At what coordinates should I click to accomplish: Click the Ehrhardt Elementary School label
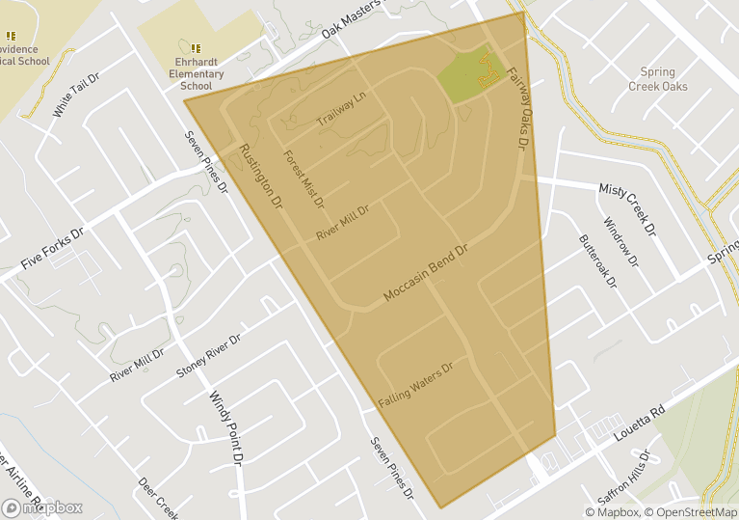pyautogui.click(x=196, y=73)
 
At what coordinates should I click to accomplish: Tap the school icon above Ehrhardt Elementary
pyautogui.click(x=196, y=48)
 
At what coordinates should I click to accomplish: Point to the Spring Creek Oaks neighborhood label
pyautogui.click(x=658, y=79)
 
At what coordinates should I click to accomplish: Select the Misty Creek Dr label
pyautogui.click(x=627, y=209)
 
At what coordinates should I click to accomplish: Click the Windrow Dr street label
pyautogui.click(x=621, y=242)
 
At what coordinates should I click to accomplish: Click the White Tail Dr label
pyautogui.click(x=76, y=95)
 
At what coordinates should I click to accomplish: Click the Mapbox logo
pyautogui.click(x=43, y=507)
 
